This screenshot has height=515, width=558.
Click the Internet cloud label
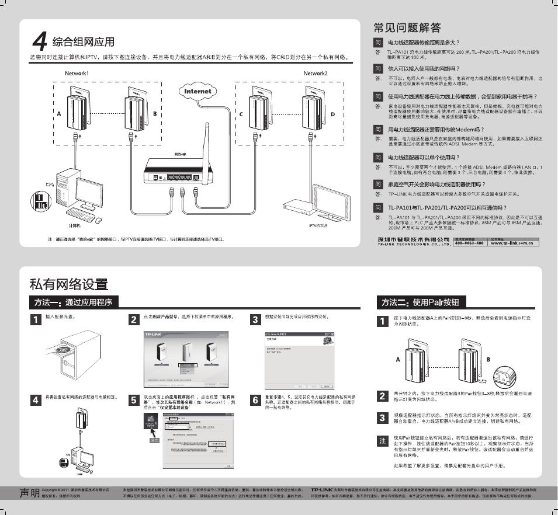point(197,92)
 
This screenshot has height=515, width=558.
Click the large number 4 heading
point(39,41)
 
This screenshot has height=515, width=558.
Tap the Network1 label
point(77,74)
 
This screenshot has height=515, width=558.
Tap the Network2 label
point(316,74)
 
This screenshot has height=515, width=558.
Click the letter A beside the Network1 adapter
point(58,114)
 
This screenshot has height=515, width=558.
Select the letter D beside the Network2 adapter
point(333,114)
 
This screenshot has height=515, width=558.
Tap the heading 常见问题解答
point(407,27)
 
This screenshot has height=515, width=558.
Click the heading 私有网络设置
point(69,284)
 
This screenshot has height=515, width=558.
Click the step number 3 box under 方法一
point(255,319)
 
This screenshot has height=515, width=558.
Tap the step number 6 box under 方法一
point(255,400)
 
